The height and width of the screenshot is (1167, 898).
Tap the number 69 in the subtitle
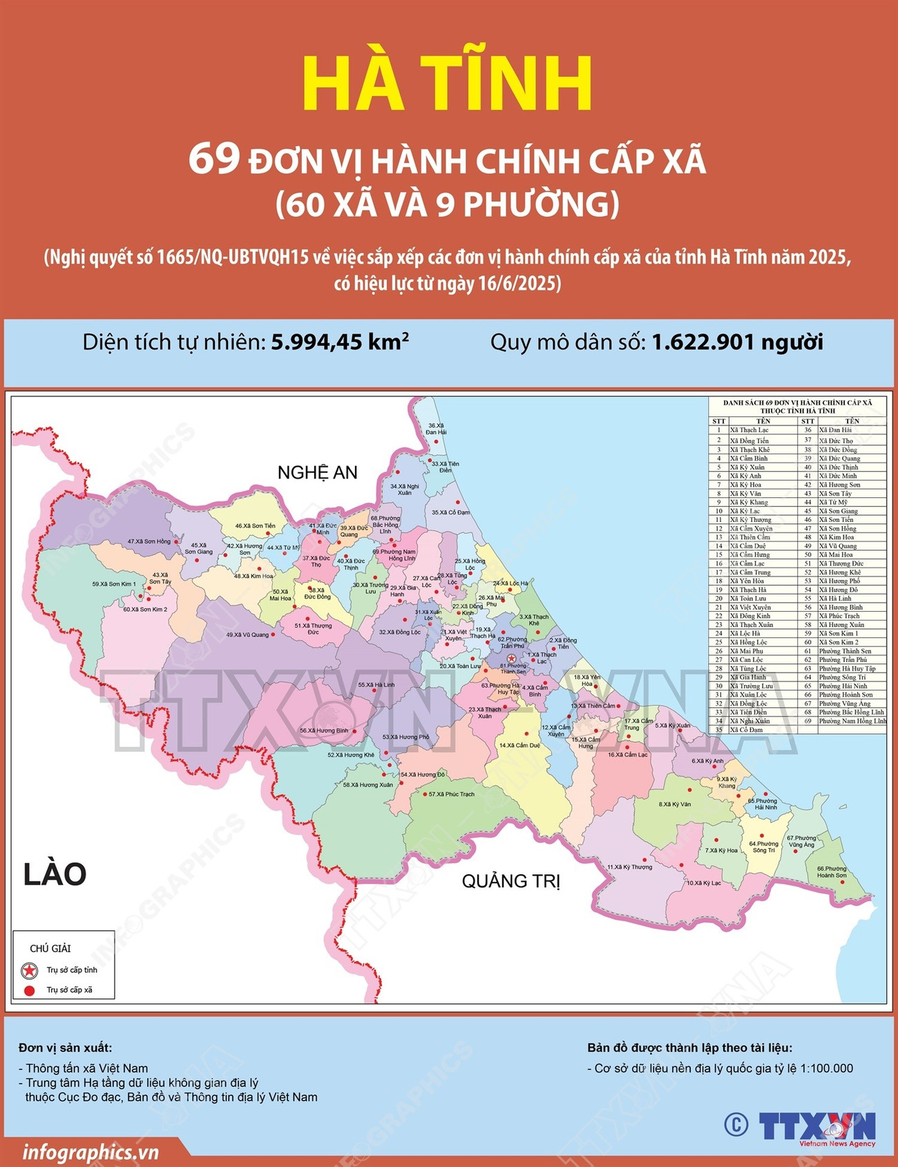213,159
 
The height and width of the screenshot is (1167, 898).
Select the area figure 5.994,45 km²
340,342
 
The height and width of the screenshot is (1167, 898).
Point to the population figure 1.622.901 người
737,342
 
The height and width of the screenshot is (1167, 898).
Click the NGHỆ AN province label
317,472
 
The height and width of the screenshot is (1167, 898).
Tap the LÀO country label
55,874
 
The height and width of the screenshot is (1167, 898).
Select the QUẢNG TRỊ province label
510,881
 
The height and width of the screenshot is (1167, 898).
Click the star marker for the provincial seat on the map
512,659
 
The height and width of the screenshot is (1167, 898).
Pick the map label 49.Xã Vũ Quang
247,635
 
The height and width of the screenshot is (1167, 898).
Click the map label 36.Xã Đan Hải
436,429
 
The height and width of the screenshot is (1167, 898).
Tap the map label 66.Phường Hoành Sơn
831,872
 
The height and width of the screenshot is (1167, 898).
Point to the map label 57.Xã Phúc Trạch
451,794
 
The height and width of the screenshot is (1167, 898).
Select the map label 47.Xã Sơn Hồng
149,541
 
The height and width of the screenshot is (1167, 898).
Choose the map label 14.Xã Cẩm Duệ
519,745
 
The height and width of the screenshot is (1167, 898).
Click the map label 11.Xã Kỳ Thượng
629,867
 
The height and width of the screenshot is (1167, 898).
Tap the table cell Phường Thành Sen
845,651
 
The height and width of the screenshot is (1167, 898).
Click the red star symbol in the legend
29,970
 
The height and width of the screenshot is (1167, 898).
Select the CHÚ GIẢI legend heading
50,949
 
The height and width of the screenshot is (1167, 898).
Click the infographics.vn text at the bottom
90,1152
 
